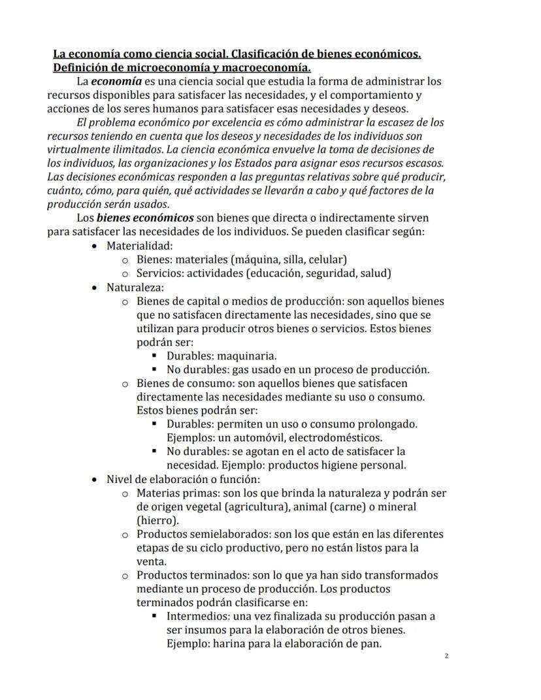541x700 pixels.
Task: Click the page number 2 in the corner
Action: (x=446, y=655)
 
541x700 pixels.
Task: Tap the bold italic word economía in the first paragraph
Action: (x=116, y=82)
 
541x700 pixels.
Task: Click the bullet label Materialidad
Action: (x=139, y=246)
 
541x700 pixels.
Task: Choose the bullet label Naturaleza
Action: (x=135, y=287)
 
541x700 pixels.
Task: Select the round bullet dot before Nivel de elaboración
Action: (x=96, y=479)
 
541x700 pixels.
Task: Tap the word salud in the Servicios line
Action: (x=376, y=273)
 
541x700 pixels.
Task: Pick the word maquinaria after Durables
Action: (x=250, y=356)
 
